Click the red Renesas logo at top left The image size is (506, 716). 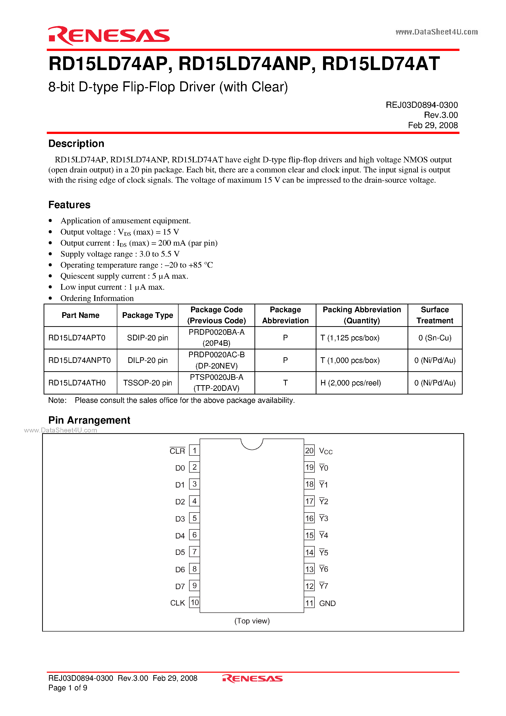coord(108,36)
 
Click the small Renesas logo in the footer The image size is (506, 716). coord(252,678)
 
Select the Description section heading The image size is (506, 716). coord(76,143)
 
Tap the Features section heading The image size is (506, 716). coord(69,205)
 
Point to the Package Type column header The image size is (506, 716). coord(147,315)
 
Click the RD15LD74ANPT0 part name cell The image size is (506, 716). coord(80,360)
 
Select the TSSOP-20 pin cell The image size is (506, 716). coord(147,383)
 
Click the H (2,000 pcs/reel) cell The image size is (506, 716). coord(351,383)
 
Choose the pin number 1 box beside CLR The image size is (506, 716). coord(194,451)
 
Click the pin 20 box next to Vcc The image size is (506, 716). coord(309,451)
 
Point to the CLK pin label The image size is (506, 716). coord(178,603)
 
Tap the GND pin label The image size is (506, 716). coord(327,603)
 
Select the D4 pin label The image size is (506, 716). coord(180,536)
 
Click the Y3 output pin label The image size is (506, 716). coord(324,519)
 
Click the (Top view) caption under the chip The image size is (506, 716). coord(252,621)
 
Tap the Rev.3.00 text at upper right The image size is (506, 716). coord(441,115)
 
